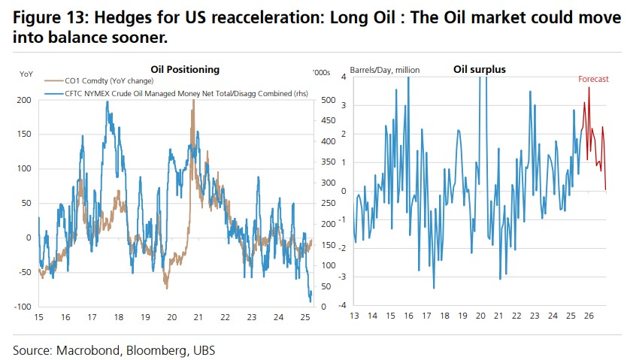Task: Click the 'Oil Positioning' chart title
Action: point(185,69)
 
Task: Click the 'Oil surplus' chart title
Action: point(479,69)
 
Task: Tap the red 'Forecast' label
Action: point(593,79)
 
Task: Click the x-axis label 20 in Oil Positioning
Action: point(171,317)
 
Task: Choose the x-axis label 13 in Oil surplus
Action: point(354,317)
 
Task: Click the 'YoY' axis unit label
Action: point(26,73)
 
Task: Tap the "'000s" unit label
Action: point(321,73)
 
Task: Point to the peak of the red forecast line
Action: point(589,88)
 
